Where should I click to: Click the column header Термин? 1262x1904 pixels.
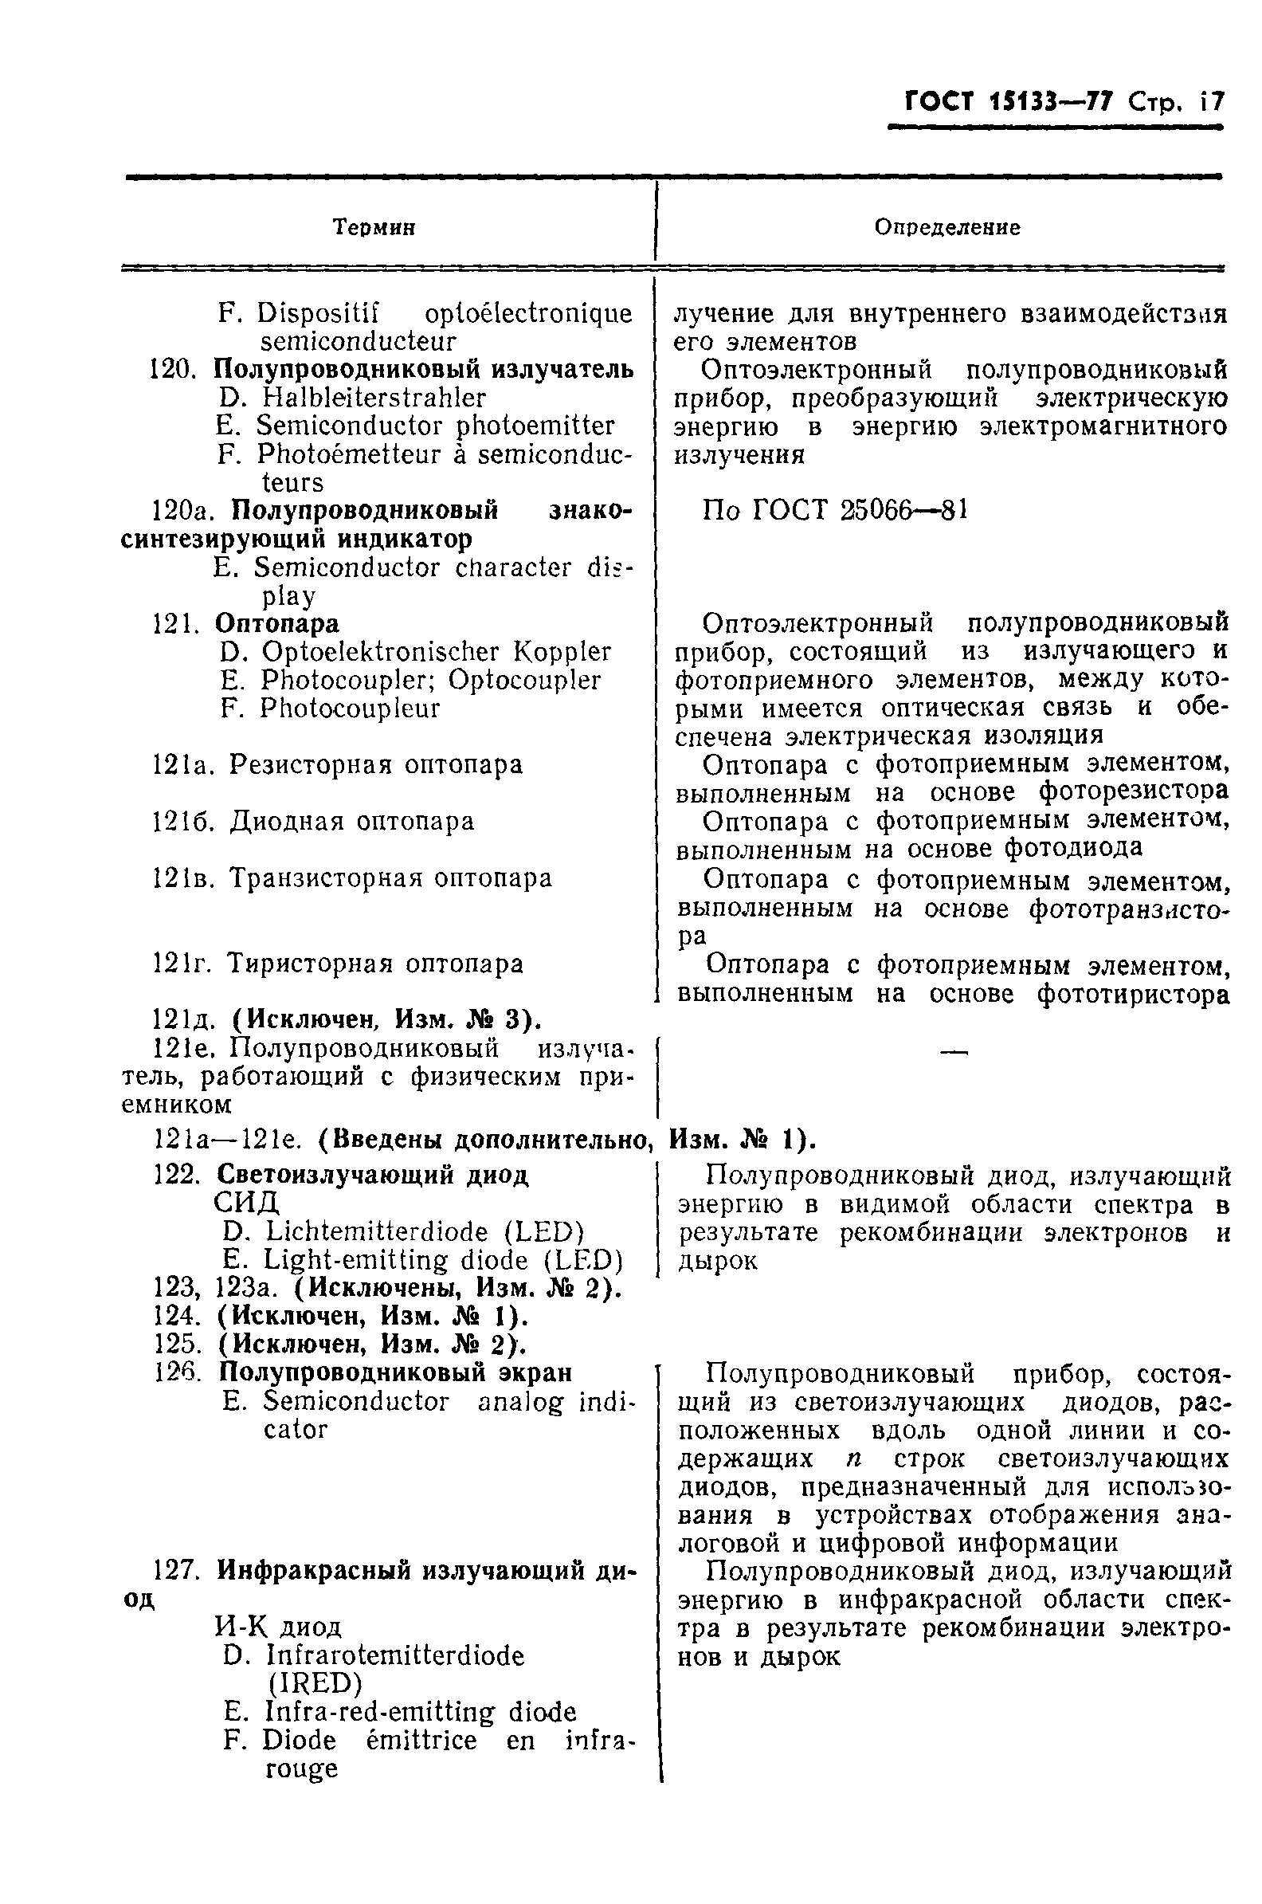coord(374,228)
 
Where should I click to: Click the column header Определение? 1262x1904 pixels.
coord(947,228)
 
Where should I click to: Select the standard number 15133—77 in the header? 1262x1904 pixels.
coord(1051,101)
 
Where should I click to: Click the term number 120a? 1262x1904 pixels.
coord(182,510)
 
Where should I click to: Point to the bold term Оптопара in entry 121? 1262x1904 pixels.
coord(277,623)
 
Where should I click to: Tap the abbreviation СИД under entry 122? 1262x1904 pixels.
coord(246,1203)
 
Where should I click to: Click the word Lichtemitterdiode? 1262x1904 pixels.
coord(377,1232)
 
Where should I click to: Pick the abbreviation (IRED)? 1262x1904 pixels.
coord(314,1683)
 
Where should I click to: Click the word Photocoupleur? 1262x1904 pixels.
coord(350,709)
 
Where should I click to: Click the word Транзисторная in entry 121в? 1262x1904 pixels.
coord(326,877)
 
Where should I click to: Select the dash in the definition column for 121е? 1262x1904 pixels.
coord(954,1051)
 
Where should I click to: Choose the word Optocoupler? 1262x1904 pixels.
coord(524,681)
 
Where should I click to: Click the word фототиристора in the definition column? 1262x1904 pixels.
coord(1133,995)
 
